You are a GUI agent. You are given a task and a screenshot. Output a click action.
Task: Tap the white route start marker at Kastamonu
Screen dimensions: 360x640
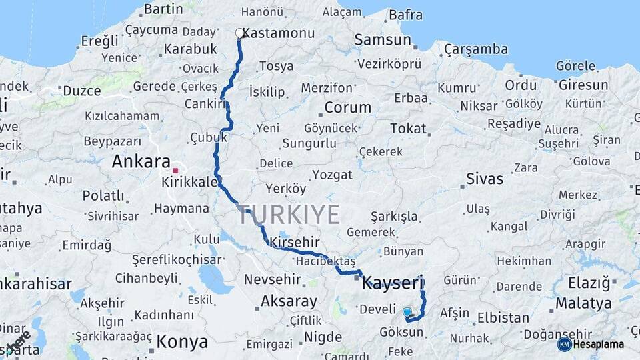point(239,33)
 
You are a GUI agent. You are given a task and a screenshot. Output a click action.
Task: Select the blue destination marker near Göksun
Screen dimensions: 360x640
point(407,311)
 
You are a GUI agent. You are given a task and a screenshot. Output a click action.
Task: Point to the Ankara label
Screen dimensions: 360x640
point(141,161)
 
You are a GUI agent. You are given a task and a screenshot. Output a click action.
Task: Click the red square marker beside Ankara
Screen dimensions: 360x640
point(175,170)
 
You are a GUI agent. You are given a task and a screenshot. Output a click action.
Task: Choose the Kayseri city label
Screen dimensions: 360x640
point(393,283)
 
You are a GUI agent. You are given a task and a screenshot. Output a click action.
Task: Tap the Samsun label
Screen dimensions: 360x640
point(382,40)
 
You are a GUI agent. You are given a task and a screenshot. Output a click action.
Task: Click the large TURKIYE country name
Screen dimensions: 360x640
point(288,215)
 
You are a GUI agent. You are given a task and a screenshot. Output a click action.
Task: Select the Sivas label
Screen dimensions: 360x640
point(485,179)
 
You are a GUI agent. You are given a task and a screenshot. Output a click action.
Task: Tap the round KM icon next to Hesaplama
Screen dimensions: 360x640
point(565,344)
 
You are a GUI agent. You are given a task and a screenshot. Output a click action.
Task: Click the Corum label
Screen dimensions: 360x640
point(347,107)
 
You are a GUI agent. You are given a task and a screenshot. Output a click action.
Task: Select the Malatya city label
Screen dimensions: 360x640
point(583,303)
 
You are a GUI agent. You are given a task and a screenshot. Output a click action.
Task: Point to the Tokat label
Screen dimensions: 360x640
point(408,129)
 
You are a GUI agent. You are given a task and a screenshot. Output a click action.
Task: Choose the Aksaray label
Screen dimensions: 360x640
point(288,301)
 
